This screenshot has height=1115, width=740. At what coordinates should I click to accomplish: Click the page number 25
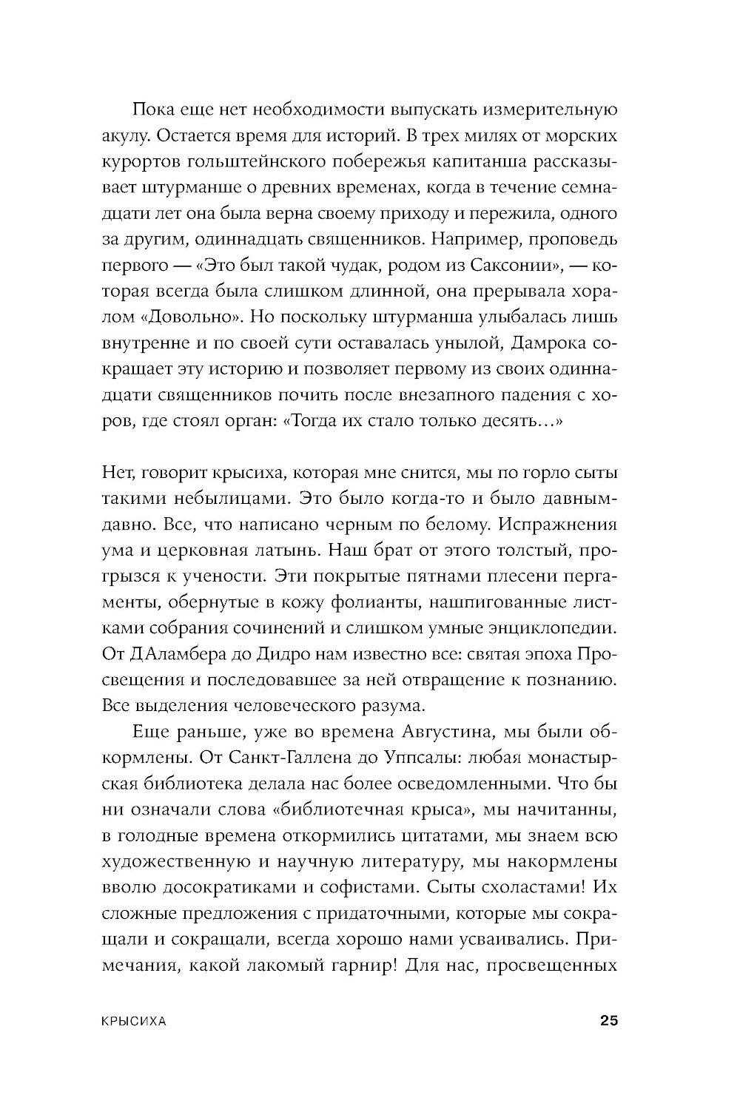pyautogui.click(x=608, y=1021)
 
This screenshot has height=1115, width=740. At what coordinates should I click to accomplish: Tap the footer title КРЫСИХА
pyautogui.click(x=134, y=1022)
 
